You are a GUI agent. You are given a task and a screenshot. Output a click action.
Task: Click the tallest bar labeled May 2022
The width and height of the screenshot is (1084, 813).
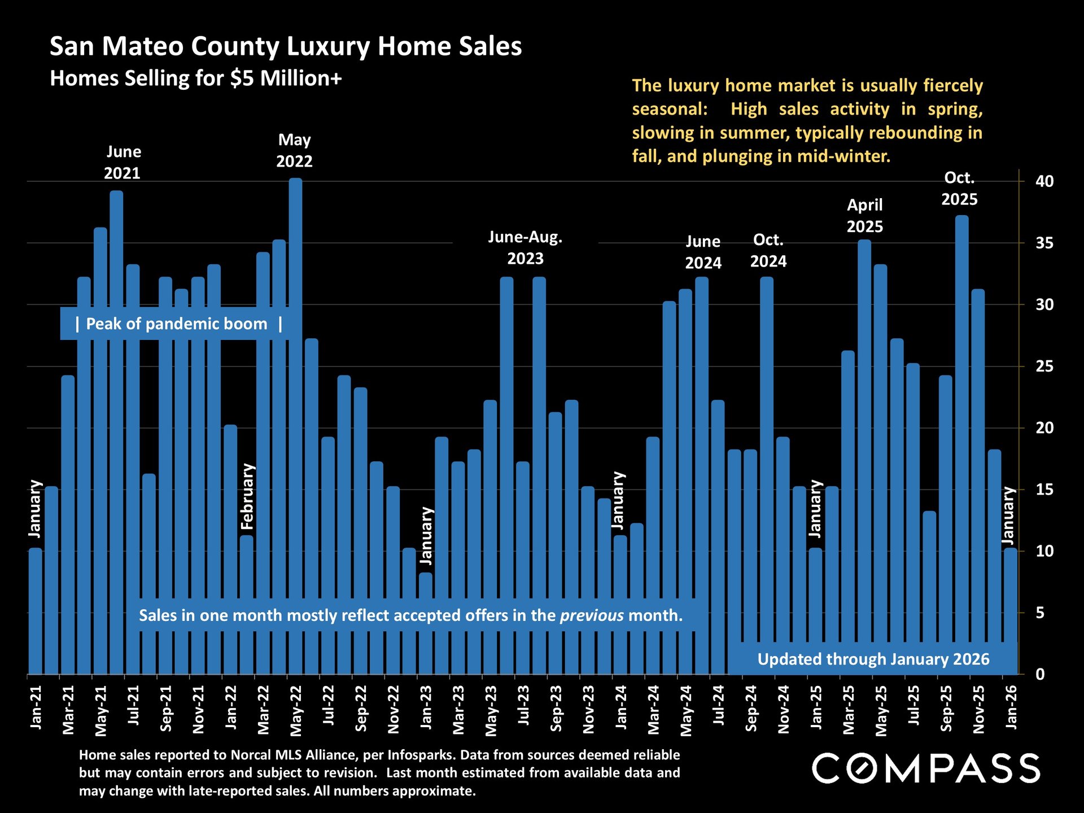tap(295, 395)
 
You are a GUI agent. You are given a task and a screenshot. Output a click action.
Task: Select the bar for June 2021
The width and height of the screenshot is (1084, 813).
tap(116, 395)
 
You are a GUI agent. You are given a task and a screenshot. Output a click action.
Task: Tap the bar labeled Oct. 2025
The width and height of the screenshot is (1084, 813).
tap(962, 423)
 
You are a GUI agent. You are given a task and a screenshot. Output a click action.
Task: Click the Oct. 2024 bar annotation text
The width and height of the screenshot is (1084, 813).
tap(768, 251)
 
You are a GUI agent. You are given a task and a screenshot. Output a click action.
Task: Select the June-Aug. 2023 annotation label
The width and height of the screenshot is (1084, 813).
tap(525, 248)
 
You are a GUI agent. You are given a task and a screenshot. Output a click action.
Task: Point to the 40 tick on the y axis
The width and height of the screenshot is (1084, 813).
tap(1044, 181)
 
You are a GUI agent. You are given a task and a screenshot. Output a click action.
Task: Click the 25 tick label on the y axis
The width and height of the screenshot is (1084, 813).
tap(1044, 366)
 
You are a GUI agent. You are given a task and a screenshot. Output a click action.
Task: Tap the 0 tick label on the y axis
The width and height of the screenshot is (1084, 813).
tap(1040, 674)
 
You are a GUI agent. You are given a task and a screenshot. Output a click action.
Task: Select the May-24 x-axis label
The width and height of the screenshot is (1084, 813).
tap(686, 711)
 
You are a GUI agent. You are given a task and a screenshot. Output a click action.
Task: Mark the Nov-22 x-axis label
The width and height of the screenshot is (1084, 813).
tap(394, 710)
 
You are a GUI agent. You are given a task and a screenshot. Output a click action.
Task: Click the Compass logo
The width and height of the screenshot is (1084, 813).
tap(926, 768)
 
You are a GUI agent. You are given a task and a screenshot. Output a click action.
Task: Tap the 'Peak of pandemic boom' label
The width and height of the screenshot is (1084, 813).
tap(177, 324)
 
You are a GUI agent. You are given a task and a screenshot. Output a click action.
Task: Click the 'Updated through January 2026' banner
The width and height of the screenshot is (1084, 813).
tap(873, 659)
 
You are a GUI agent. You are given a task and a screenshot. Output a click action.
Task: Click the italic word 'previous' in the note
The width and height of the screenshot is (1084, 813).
tap(592, 615)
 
